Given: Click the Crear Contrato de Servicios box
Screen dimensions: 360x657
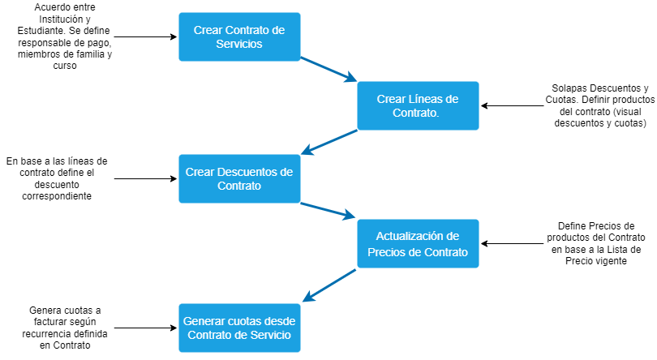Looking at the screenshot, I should pyautogui.click(x=239, y=36).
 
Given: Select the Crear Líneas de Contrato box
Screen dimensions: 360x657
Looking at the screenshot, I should pyautogui.click(x=418, y=105).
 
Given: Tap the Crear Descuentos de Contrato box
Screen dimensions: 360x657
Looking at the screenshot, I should pyautogui.click(x=239, y=178).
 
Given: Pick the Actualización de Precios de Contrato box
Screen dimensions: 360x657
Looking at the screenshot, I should pyautogui.click(x=418, y=243).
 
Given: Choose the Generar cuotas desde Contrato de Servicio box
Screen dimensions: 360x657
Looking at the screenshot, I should pyautogui.click(x=239, y=328).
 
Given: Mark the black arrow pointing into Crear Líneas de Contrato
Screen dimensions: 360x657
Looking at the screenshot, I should pyautogui.click(x=511, y=105).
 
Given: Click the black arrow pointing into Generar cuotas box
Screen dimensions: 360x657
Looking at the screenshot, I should pyautogui.click(x=146, y=328).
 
